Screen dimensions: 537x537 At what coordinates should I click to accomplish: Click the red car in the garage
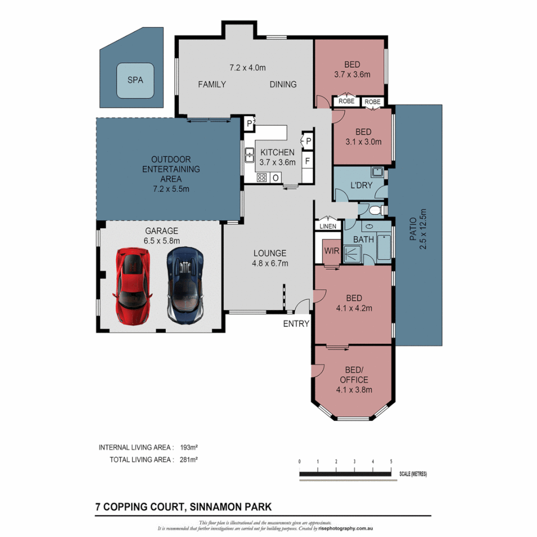(x=132, y=286)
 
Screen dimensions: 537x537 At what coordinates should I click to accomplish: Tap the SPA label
(x=135, y=80)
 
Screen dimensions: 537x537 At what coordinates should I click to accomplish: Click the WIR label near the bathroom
(x=332, y=252)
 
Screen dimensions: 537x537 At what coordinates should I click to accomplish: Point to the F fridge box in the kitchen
(x=308, y=161)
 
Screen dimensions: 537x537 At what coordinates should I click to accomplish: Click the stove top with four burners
(x=262, y=178)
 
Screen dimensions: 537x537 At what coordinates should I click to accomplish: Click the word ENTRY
(x=296, y=324)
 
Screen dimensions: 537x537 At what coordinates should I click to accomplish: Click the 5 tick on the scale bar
(x=391, y=461)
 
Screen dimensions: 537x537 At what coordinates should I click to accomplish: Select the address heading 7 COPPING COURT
(x=183, y=507)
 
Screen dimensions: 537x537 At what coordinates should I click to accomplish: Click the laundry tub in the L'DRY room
(x=377, y=173)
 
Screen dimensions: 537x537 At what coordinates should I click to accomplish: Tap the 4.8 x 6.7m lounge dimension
(x=269, y=264)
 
